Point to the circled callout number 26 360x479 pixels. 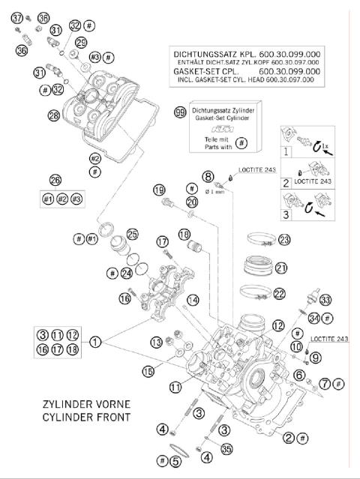55,180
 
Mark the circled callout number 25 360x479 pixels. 132,233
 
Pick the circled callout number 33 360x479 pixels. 325,300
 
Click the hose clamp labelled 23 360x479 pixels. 259,240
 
